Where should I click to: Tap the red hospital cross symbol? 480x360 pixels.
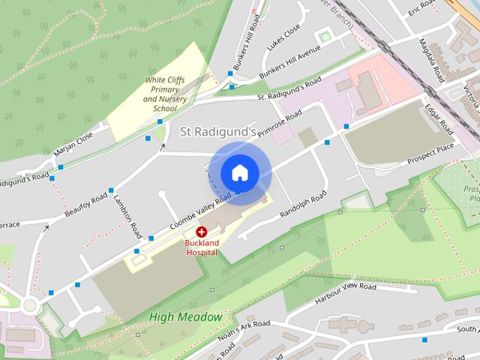point(202,233)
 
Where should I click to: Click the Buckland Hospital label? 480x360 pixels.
point(202,247)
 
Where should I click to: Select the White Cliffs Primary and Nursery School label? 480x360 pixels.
point(164,94)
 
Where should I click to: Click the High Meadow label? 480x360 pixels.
point(185,316)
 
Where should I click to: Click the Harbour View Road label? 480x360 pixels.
point(345,292)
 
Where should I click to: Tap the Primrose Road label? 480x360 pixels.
point(280,124)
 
